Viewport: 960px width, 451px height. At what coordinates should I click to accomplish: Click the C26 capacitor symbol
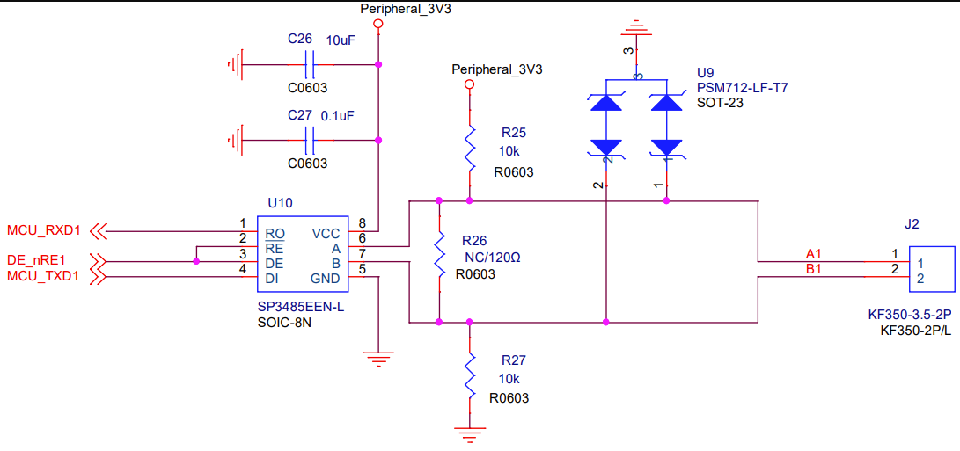click(x=309, y=64)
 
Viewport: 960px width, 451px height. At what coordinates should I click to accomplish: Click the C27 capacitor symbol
click(x=309, y=140)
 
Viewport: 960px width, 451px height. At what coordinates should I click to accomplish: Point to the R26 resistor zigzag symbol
click(x=438, y=261)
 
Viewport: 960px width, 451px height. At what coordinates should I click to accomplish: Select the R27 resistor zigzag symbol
click(x=470, y=373)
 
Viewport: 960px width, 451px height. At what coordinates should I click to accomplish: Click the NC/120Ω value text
click(x=492, y=258)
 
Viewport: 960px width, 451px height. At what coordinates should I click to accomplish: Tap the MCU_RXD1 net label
click(x=44, y=231)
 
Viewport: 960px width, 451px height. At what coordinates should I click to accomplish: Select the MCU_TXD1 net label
click(x=44, y=277)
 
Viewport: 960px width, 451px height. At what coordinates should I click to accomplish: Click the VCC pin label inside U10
click(x=326, y=234)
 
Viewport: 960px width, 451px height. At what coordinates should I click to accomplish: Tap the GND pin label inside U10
click(x=325, y=279)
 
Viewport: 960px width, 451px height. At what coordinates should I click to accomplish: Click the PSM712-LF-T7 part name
click(x=742, y=88)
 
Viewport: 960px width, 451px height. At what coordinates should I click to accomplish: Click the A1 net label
click(x=814, y=253)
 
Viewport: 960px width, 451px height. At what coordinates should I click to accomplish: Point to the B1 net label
click(x=814, y=269)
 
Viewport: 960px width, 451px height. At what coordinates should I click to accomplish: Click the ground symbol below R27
click(x=470, y=432)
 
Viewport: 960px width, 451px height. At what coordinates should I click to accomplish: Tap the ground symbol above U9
click(x=640, y=30)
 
